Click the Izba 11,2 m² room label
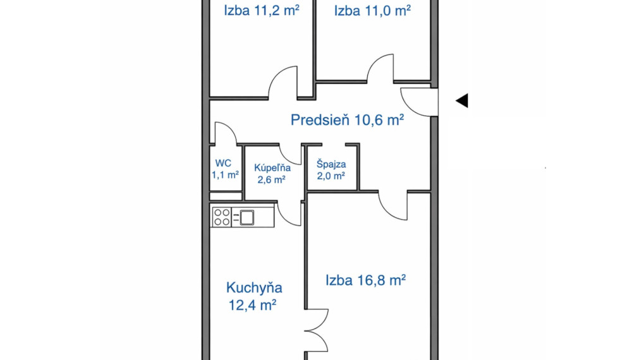[262, 10]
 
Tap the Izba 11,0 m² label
[372, 10]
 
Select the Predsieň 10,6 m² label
[347, 120]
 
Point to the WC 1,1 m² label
[224, 169]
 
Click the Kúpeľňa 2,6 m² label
[272, 174]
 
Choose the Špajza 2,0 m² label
[331, 170]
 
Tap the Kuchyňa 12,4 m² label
[254, 296]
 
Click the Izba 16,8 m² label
[365, 280]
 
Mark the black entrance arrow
[462, 100]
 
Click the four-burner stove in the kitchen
[221, 217]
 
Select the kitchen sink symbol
[247, 217]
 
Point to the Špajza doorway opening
[334, 145]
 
